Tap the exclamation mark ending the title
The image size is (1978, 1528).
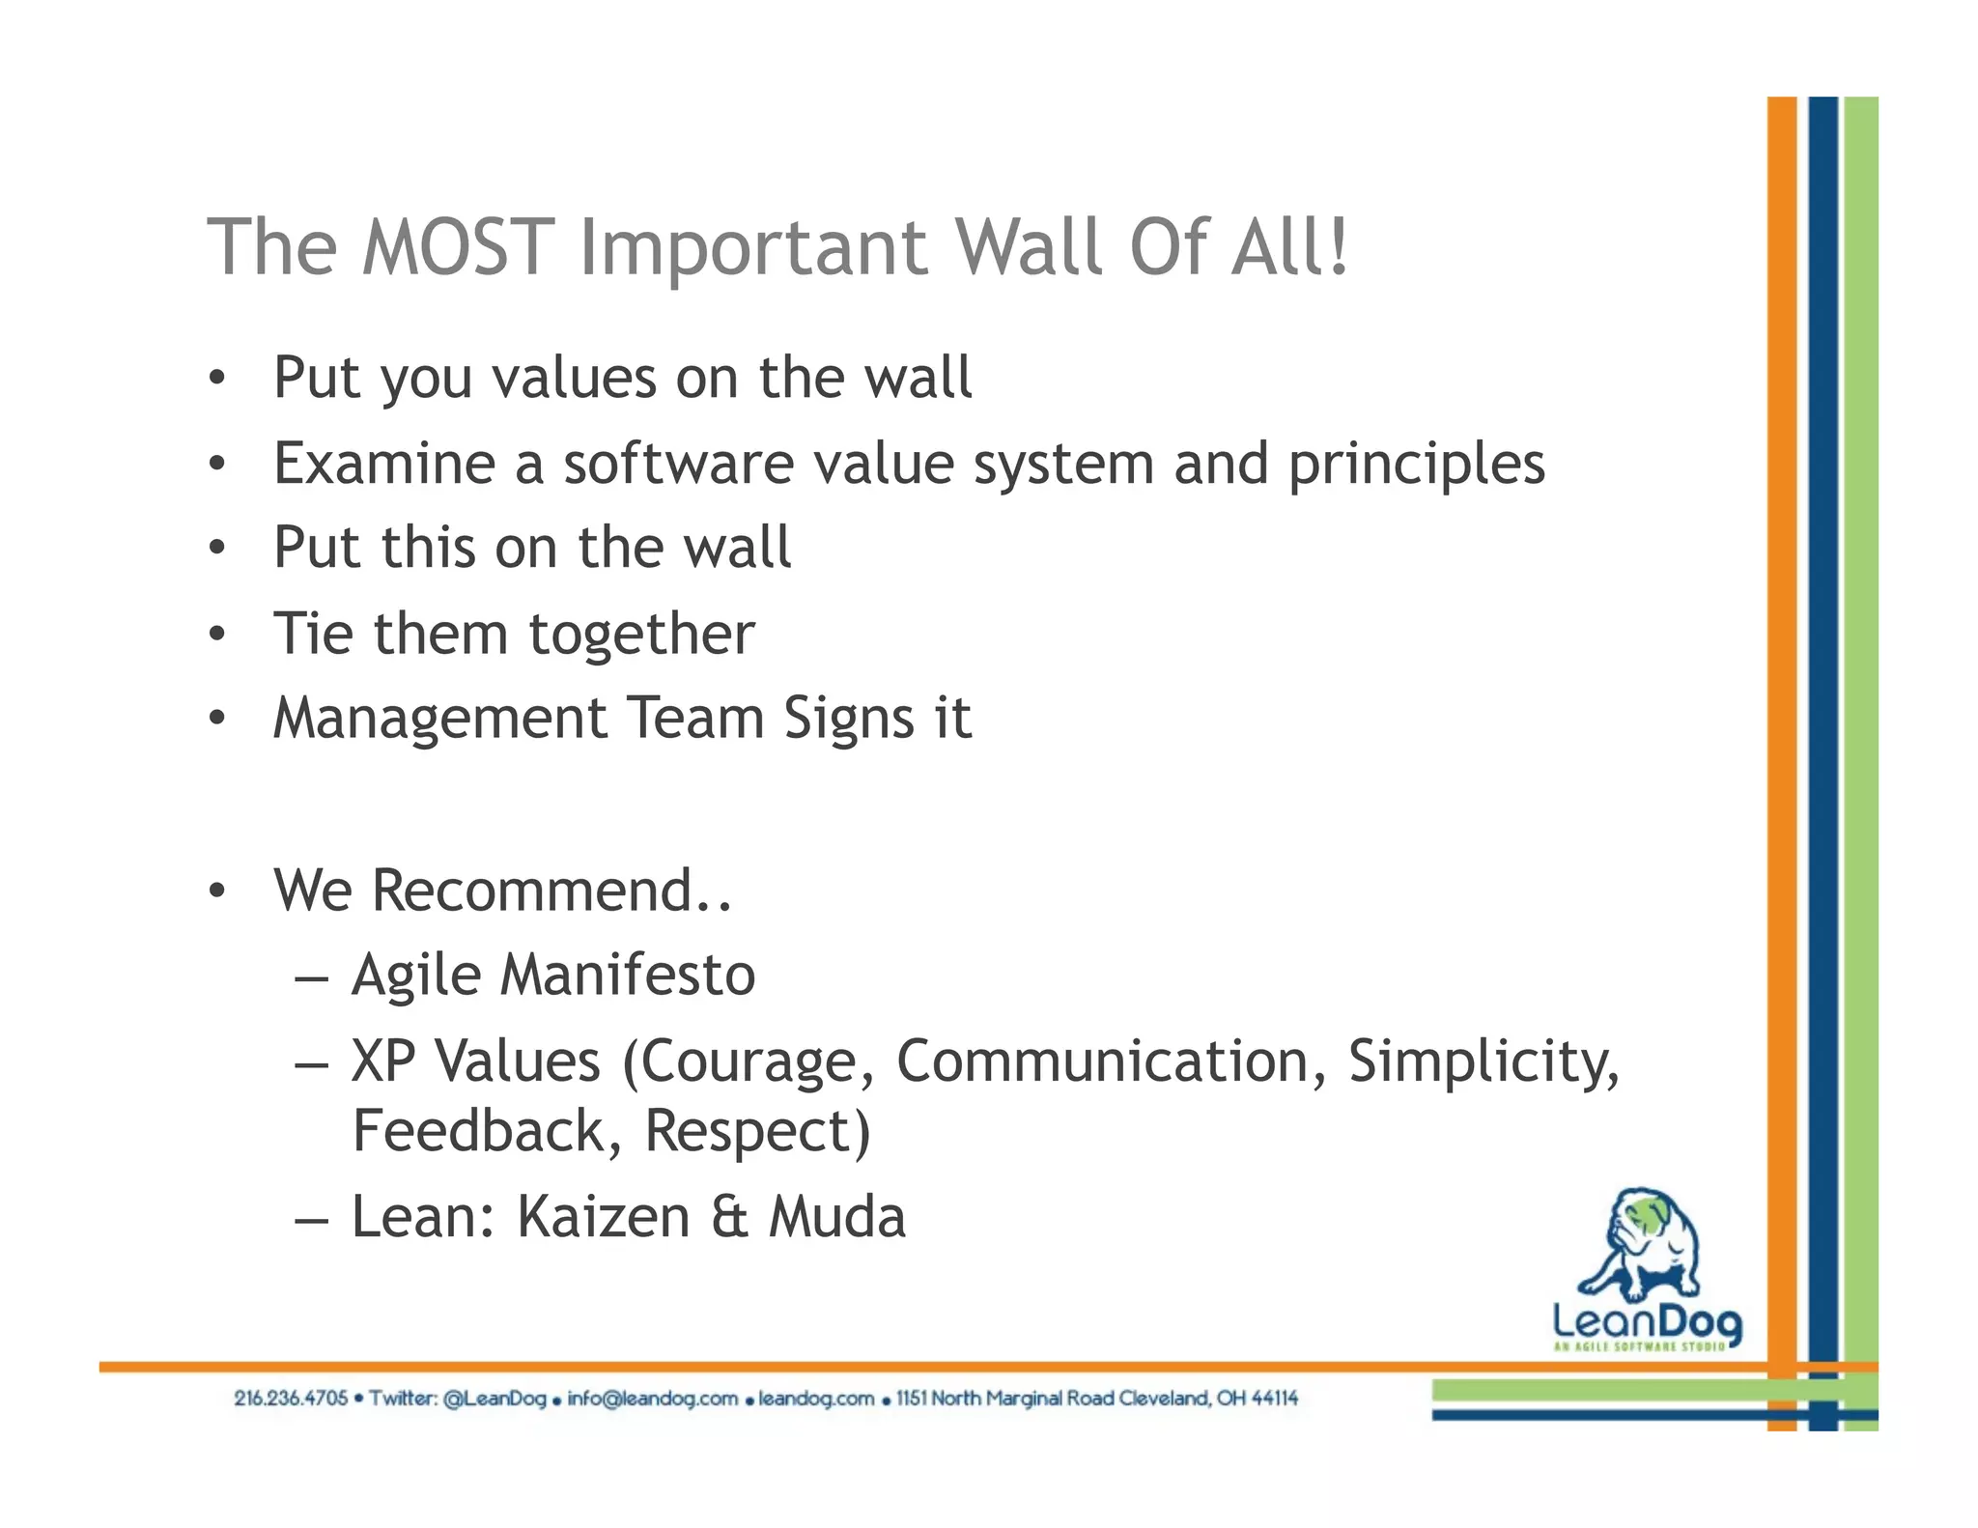tap(1339, 247)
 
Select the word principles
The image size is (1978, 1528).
tap(1417, 466)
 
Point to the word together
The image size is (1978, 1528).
tap(641, 636)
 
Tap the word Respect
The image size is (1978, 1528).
tap(756, 1131)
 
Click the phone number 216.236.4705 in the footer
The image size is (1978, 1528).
tap(291, 1399)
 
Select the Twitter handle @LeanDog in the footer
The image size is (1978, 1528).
tap(494, 1399)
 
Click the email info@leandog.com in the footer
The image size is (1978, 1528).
tap(652, 1399)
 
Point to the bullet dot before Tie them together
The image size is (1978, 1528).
tap(217, 635)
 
